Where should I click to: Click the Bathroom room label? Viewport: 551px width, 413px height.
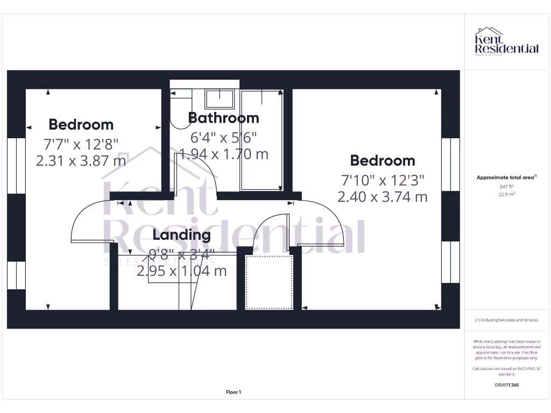point(223,118)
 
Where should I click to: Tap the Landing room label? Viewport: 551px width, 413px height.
point(181,234)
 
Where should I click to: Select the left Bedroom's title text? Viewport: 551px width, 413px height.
point(81,125)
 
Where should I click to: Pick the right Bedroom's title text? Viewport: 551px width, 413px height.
point(383,160)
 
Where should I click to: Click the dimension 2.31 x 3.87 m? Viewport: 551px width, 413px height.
point(81,160)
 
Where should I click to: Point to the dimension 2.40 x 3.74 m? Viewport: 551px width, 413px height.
point(383,197)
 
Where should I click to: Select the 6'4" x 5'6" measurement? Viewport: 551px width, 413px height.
point(223,137)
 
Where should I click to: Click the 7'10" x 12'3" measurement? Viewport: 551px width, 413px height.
point(383,179)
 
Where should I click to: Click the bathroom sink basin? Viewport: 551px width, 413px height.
point(219,99)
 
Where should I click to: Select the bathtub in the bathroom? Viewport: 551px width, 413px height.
point(261,140)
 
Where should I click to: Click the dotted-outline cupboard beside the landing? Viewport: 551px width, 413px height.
point(269,282)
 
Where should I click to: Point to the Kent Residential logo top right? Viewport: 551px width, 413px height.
point(506,42)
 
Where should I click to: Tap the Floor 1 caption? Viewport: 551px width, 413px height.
point(234,392)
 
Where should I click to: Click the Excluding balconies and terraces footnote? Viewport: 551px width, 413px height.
point(506,320)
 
